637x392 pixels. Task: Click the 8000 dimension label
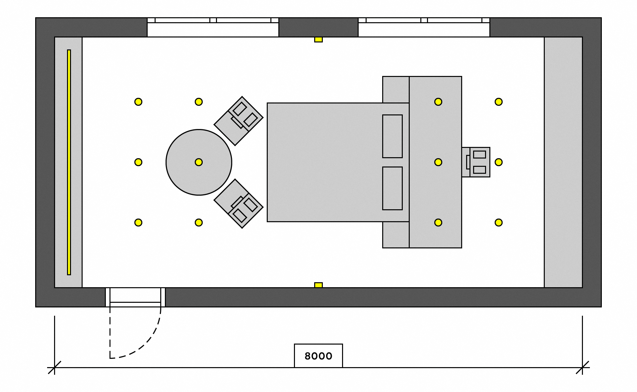click(318, 356)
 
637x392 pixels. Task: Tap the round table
click(199, 162)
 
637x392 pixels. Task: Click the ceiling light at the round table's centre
click(199, 162)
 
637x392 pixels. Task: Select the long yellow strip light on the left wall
click(69, 162)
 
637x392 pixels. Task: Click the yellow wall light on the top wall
click(318, 39)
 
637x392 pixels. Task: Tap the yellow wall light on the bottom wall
click(318, 285)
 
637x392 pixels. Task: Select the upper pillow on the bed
click(392, 136)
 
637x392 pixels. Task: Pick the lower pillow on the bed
click(392, 188)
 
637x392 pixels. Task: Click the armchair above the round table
click(239, 121)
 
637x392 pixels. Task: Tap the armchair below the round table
click(239, 204)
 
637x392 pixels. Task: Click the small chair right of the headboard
click(476, 162)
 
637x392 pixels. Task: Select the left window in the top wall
click(213, 27)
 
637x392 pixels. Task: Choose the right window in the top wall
click(424, 27)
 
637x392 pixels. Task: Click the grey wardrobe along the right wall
click(563, 162)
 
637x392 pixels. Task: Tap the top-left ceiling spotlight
click(138, 102)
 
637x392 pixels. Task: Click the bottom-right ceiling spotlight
click(499, 223)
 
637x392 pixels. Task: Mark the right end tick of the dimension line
click(582, 367)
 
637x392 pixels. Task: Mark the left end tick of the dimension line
click(54, 367)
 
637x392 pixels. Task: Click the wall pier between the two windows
click(318, 27)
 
